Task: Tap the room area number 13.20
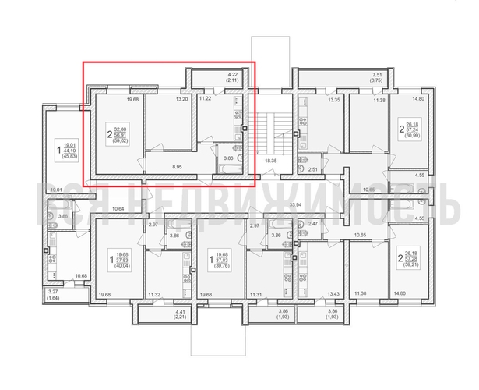[x=183, y=99]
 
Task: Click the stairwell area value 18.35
[x=271, y=161]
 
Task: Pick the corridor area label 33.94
[x=295, y=206]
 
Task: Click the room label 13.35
[x=335, y=100]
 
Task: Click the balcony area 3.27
[x=52, y=291]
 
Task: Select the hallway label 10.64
[x=118, y=207]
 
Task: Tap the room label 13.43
[x=335, y=293]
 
